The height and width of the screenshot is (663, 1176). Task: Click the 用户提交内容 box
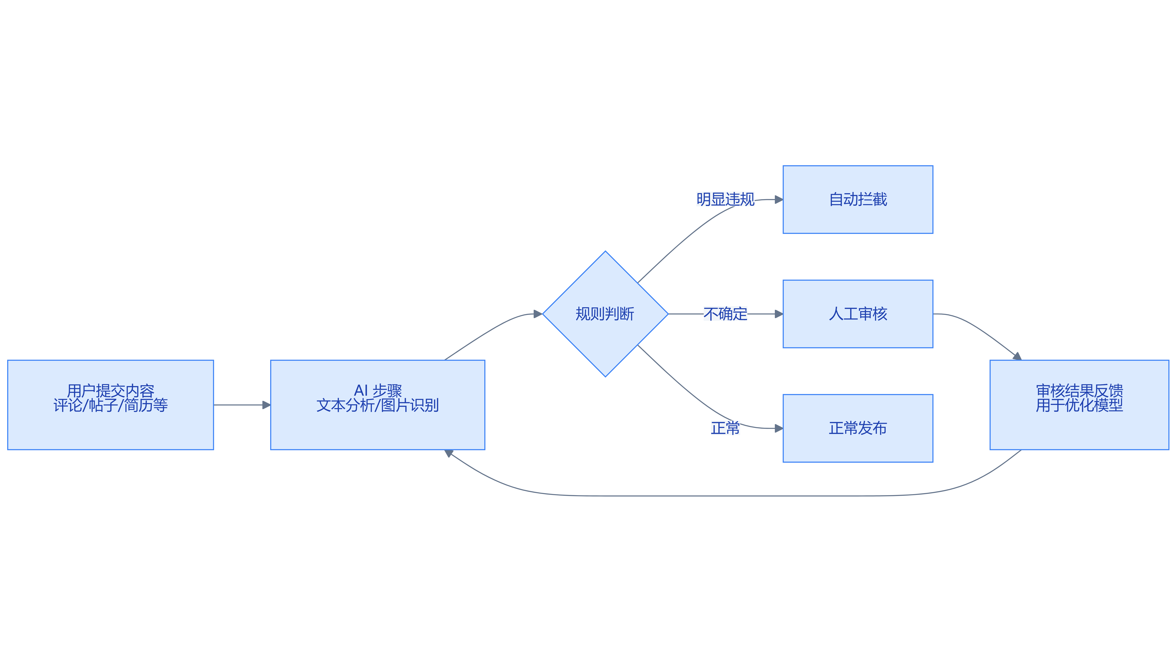point(110,405)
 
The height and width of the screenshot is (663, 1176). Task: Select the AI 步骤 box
point(377,405)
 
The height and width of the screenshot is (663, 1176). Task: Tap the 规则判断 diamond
point(605,314)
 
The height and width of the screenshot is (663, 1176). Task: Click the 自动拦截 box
point(858,200)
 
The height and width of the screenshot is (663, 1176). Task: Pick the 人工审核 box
point(858,314)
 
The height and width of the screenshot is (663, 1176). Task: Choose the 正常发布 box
point(858,428)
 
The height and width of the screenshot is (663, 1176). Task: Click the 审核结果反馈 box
point(1079,405)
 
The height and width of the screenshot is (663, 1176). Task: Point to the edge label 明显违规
point(725,200)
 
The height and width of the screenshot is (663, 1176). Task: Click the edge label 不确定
point(725,314)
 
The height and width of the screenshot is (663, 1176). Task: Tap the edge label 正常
point(725,428)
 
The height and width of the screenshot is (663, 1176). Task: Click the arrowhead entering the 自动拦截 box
point(779,200)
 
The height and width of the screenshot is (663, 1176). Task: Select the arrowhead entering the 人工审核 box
point(779,314)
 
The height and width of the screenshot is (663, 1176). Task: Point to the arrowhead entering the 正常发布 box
point(779,428)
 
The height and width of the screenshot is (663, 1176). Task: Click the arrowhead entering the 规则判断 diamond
point(538,314)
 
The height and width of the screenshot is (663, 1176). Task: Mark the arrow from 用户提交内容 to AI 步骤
point(242,405)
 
